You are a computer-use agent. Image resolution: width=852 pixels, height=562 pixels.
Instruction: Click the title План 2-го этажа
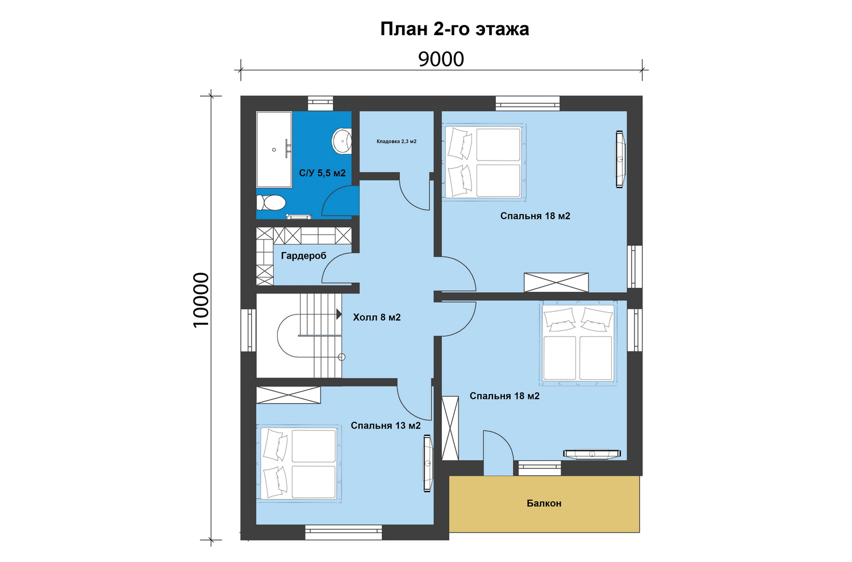(454, 30)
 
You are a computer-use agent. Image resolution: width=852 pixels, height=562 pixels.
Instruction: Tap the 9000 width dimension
(441, 59)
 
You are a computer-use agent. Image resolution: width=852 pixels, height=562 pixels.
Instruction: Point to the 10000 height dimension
(201, 300)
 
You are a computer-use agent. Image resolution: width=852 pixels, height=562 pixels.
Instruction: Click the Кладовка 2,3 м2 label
(396, 141)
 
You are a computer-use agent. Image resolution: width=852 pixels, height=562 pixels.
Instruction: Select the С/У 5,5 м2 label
(322, 173)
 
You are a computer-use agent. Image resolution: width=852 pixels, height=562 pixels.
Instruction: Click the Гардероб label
(303, 256)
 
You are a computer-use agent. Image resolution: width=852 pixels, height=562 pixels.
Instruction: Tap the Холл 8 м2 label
(377, 317)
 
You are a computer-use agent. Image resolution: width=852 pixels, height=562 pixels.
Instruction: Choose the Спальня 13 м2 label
(386, 426)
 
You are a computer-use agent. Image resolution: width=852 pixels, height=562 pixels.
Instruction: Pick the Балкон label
(544, 504)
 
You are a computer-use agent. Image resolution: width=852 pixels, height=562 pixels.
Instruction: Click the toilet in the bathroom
(271, 203)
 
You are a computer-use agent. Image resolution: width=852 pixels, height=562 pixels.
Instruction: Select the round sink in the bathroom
(341, 141)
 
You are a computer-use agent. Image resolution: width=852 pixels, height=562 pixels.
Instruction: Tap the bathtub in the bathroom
(274, 149)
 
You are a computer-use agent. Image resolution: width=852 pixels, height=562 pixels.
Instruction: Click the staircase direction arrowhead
(339, 314)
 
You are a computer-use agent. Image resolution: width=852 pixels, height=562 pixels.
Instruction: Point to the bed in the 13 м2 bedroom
(299, 464)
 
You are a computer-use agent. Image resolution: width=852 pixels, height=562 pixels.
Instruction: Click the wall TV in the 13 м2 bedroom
(428, 464)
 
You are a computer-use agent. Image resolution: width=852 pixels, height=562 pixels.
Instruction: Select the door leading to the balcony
(498, 453)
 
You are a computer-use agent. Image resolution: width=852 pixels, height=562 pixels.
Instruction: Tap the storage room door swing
(415, 191)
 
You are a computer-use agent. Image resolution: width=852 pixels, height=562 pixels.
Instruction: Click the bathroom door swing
(340, 202)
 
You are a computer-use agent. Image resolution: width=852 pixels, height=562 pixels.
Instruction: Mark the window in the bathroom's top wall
(320, 103)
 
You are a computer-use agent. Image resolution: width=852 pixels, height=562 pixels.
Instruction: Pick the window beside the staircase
(249, 330)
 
